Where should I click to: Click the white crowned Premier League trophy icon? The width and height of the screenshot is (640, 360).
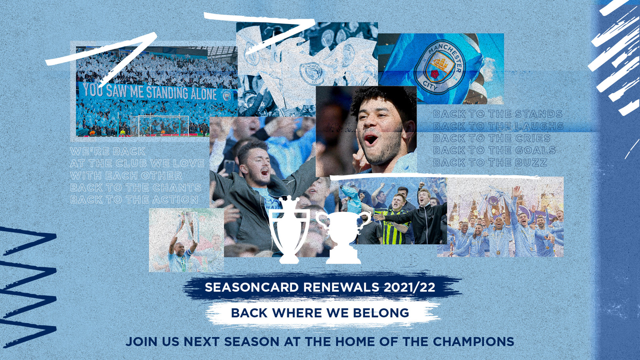[x=290, y=230]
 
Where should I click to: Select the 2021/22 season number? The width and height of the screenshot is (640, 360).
[x=409, y=287]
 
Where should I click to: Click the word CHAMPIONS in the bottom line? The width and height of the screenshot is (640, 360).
[x=473, y=342]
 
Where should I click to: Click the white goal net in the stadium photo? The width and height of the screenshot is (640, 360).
[x=164, y=125]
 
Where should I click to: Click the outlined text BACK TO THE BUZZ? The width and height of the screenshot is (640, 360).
[x=490, y=162]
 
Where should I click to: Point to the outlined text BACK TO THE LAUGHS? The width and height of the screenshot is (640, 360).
[x=498, y=126]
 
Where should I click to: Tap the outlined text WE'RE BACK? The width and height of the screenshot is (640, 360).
[x=108, y=151]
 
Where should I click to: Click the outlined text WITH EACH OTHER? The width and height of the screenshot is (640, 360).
[x=126, y=175]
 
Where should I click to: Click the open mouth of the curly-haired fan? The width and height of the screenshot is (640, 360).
[x=371, y=139]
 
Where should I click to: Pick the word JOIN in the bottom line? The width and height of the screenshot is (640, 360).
[x=142, y=342]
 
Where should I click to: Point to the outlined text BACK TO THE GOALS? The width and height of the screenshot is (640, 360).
[x=494, y=150]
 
